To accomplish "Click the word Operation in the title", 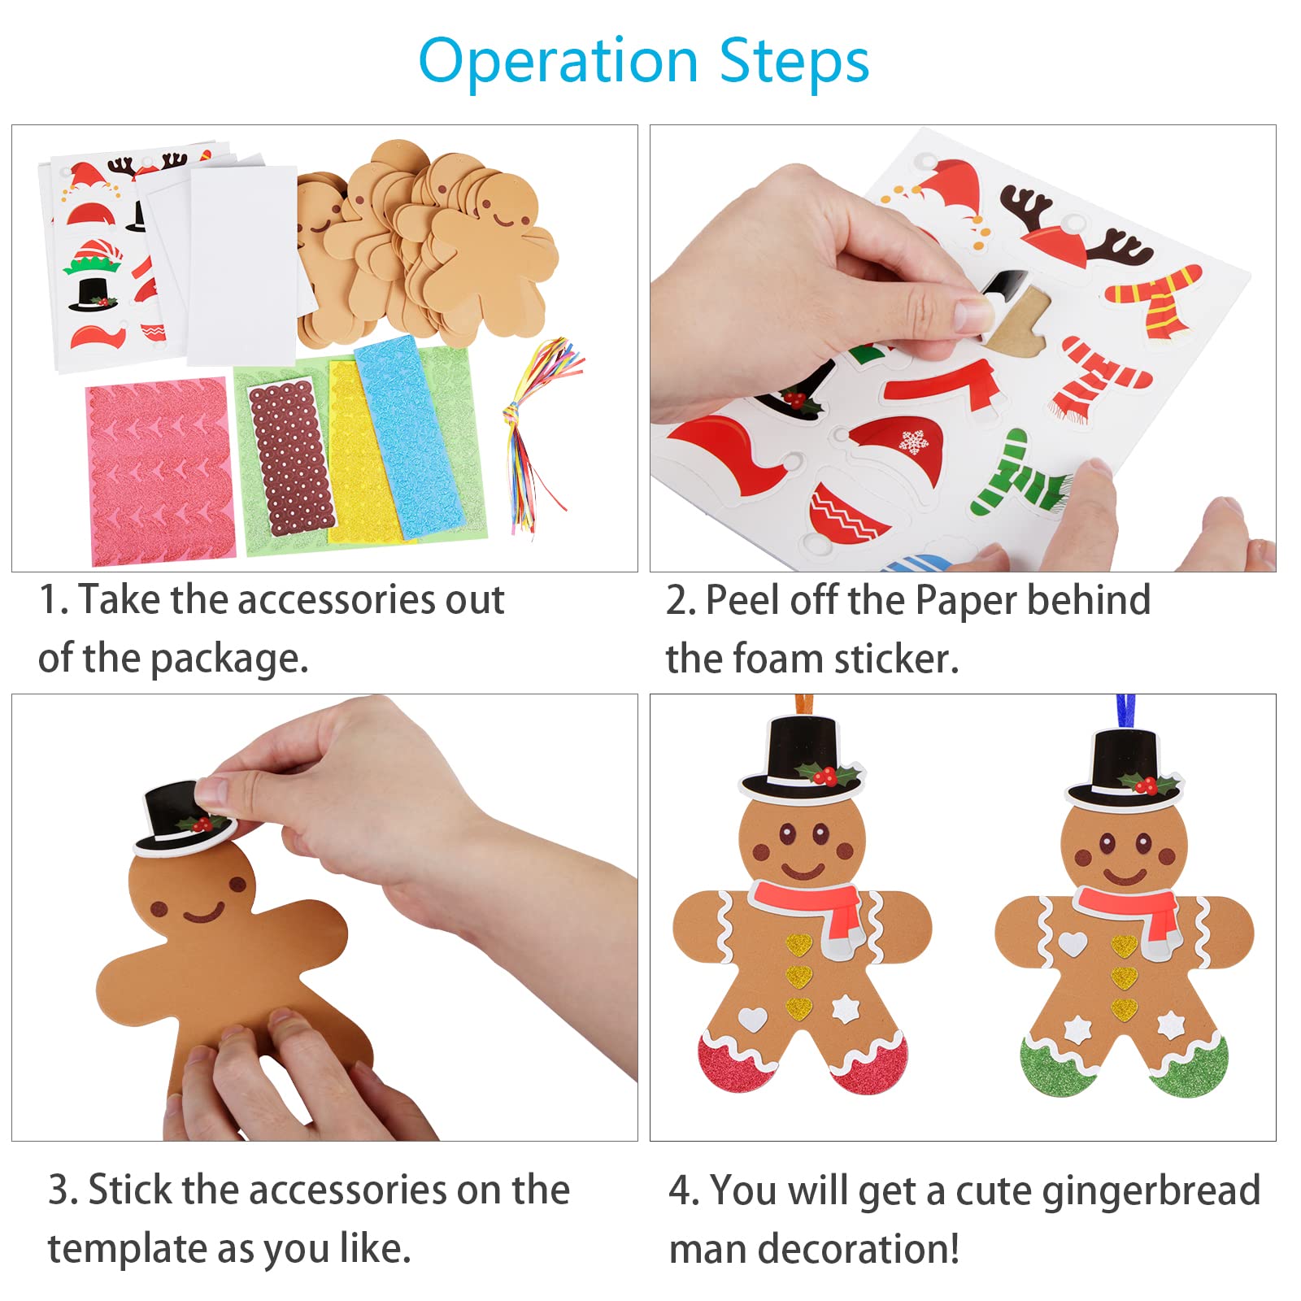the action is point(559,62).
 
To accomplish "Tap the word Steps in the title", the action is point(794,61).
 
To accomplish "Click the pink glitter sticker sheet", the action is point(161,471).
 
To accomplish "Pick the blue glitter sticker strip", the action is point(411,437).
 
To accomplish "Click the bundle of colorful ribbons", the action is point(537,431).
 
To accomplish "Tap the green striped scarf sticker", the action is point(1020,475).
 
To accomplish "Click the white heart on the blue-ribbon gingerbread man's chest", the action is point(1073,943).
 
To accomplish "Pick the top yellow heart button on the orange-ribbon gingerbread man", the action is point(799,945).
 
